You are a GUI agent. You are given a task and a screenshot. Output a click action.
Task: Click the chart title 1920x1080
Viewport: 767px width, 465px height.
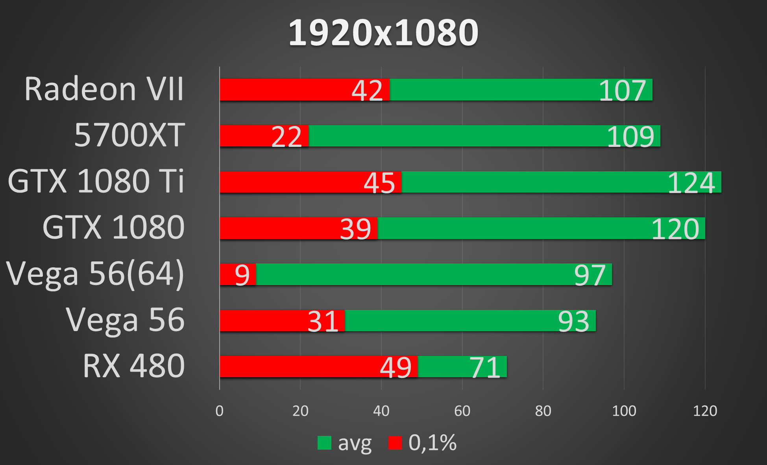pyautogui.click(x=383, y=33)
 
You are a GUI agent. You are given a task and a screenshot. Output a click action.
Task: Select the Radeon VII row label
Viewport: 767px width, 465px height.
pyautogui.click(x=104, y=89)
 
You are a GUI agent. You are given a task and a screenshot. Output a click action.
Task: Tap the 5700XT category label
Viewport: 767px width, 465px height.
pyautogui.click(x=129, y=135)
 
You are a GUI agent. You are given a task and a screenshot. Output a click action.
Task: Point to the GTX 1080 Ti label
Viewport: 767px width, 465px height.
pyautogui.click(x=96, y=182)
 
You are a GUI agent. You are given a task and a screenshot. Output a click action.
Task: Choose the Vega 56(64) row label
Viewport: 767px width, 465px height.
pyautogui.click(x=95, y=274)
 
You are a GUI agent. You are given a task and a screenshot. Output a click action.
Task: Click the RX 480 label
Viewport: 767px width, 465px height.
pyautogui.click(x=134, y=366)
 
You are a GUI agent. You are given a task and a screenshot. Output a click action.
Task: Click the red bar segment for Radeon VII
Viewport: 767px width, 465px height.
pyautogui.click(x=283, y=90)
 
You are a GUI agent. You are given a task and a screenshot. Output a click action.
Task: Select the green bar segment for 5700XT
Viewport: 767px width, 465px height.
pyautogui.click(x=453, y=136)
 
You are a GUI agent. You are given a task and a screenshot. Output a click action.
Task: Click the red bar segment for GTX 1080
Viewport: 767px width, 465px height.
pyautogui.click(x=275, y=228)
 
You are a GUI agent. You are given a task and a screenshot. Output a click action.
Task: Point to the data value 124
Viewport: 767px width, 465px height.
pyautogui.click(x=691, y=183)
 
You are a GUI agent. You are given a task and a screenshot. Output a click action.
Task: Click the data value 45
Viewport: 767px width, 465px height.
pyautogui.click(x=379, y=183)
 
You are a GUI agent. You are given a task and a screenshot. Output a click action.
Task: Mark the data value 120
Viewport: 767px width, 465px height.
pyautogui.click(x=675, y=229)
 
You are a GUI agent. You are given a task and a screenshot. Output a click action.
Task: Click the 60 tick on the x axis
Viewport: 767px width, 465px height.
pyautogui.click(x=462, y=411)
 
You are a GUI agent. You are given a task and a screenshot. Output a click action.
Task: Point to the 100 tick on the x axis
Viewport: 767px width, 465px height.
pyautogui.click(x=624, y=411)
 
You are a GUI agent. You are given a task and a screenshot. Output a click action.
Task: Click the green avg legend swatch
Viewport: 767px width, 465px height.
pyautogui.click(x=324, y=443)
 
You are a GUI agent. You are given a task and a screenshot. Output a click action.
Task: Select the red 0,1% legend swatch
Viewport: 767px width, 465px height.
pyautogui.click(x=395, y=443)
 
